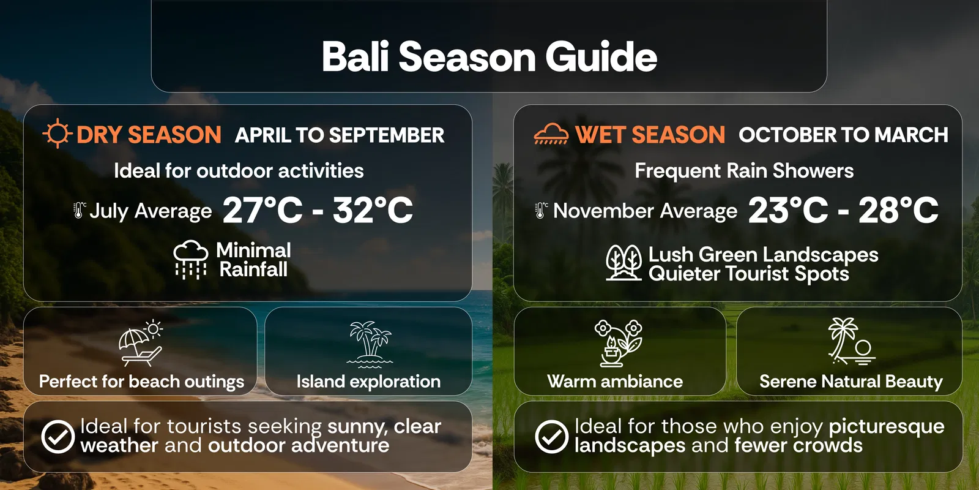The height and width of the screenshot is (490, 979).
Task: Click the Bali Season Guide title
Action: pos(489,56)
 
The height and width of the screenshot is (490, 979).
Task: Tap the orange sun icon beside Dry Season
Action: pos(58,133)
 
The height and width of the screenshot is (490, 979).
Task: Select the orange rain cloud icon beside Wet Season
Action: pos(551,134)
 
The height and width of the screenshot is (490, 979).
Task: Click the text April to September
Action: pos(340,135)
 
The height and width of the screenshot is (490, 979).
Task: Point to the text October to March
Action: pos(843,135)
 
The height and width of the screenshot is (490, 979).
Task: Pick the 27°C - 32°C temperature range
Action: pos(318,210)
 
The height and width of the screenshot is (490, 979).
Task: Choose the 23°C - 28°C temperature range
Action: pos(843,210)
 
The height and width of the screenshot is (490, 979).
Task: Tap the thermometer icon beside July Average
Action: pos(79,210)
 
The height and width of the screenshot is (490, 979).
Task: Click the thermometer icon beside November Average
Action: pos(541,210)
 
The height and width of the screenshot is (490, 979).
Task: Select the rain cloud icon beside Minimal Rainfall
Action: pos(190,260)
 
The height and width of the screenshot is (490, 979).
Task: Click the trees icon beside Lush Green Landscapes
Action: pos(624,263)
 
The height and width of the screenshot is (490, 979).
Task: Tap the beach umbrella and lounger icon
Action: pos(141,344)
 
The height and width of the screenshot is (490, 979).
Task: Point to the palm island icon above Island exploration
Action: pos(370,344)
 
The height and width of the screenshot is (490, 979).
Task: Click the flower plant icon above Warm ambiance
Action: pos(618,344)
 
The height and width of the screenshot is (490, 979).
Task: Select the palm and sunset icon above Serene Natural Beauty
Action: pos(851,341)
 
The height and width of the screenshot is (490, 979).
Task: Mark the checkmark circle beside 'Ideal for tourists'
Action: pos(58,437)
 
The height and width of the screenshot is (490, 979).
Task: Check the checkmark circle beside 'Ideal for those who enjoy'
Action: pos(551,437)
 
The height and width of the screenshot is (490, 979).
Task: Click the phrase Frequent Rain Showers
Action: pos(744,171)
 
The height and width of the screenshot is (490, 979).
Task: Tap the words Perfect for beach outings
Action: pos(141,382)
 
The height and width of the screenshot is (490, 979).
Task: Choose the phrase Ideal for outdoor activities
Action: pos(239,171)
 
